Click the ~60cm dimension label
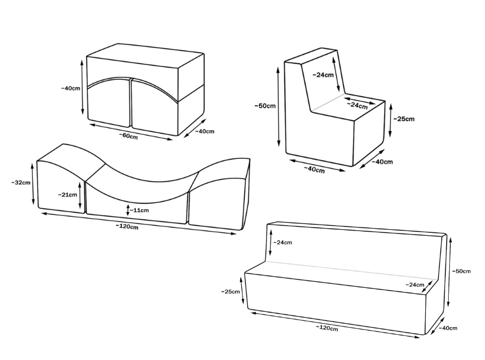[128, 136]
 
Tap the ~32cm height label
[21, 182]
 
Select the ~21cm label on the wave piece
[67, 195]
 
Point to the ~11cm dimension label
[139, 210]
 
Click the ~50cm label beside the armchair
[265, 106]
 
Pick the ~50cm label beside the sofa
[461, 271]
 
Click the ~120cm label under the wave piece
[127, 226]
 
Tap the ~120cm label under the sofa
[327, 328]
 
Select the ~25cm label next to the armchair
[404, 119]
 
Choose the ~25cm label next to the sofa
[230, 291]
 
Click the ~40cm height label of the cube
[70, 88]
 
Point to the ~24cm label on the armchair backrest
[323, 75]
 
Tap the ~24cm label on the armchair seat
[357, 106]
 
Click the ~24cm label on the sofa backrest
[282, 242]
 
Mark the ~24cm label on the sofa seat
[415, 285]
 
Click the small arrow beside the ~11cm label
[128, 210]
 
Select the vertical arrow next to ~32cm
[33, 184]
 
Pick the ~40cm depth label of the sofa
[448, 328]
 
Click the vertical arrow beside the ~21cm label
[80, 195]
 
